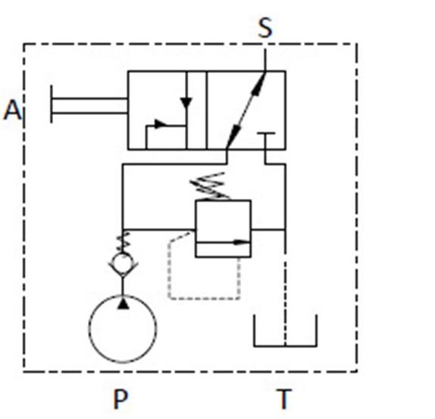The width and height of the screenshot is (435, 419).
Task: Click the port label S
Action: pyautogui.click(x=265, y=28)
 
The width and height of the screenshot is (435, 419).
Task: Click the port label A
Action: pyautogui.click(x=12, y=110)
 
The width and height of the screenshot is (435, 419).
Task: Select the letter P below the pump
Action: pyautogui.click(x=120, y=399)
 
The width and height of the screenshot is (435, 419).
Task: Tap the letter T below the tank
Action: pyautogui.click(x=283, y=399)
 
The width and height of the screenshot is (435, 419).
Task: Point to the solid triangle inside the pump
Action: pyautogui.click(x=124, y=303)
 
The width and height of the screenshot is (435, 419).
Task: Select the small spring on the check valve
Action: pyautogui.click(x=124, y=242)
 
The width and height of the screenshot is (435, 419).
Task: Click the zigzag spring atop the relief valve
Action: pyautogui.click(x=210, y=186)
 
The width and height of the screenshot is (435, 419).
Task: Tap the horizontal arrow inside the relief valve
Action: pyautogui.click(x=223, y=243)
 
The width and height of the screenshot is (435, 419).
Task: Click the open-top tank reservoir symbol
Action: pyautogui.click(x=285, y=346)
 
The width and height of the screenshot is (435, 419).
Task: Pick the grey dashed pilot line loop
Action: pyautogui.click(x=169, y=277)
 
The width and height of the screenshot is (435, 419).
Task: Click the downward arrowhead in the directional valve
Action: pyautogui.click(x=186, y=103)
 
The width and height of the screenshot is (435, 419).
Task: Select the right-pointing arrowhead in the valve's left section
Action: pyautogui.click(x=161, y=124)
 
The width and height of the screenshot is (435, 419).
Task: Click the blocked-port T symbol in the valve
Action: pyautogui.click(x=266, y=134)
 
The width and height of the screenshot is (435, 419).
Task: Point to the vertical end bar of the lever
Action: pyautogui.click(x=52, y=104)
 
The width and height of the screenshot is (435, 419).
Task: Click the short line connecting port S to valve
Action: pyautogui.click(x=265, y=60)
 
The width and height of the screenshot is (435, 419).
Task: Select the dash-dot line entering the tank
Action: pyautogui.click(x=285, y=299)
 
